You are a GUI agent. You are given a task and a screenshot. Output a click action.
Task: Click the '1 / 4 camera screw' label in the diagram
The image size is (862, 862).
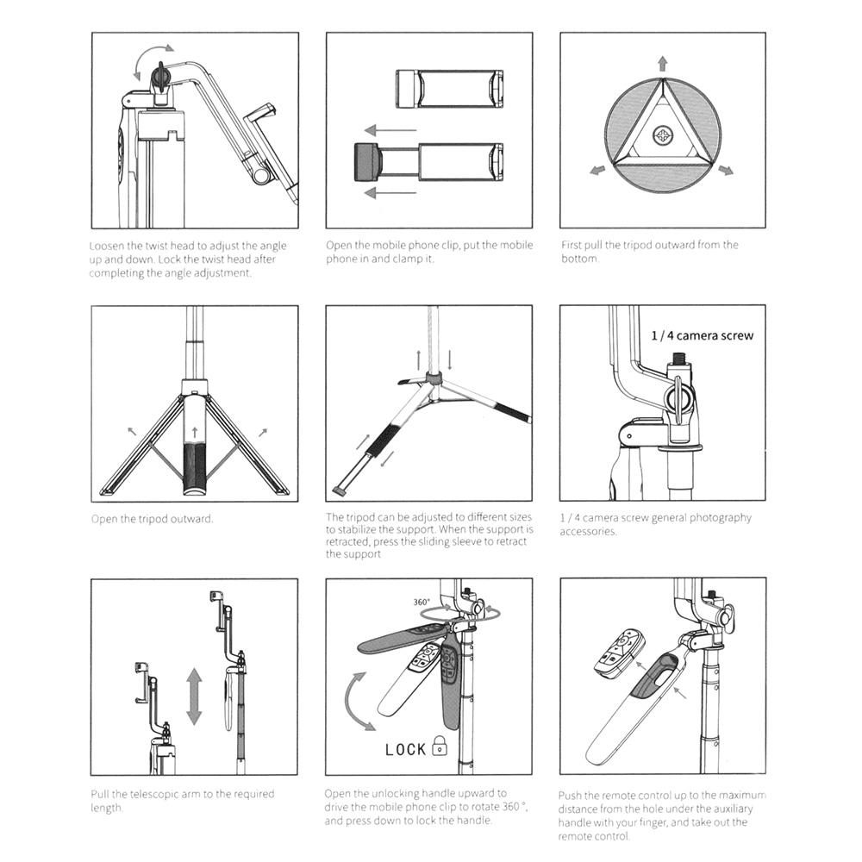tap(701, 335)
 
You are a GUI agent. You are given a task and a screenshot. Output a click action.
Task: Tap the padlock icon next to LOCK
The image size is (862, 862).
tap(440, 746)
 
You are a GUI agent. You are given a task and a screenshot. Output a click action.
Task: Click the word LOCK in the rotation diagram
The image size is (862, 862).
tap(405, 749)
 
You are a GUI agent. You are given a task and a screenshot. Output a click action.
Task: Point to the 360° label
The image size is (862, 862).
tap(422, 602)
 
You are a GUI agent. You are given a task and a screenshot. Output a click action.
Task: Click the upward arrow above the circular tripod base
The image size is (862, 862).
tap(662, 63)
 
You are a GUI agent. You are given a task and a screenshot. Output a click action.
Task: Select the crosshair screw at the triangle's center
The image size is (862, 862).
tap(662, 134)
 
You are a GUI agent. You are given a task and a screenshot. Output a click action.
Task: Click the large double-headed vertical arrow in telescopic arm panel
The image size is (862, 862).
tap(194, 696)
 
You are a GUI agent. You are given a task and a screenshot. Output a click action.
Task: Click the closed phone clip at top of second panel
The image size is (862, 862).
tap(449, 89)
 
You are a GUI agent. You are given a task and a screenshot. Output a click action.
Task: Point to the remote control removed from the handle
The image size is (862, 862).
tap(618, 653)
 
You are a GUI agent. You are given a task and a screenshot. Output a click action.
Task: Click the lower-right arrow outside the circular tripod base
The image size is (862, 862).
tap(724, 171)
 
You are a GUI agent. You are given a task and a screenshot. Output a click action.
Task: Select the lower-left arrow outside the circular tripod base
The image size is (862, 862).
tap(598, 171)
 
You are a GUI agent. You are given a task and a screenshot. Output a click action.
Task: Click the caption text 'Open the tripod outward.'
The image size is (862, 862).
tap(152, 519)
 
